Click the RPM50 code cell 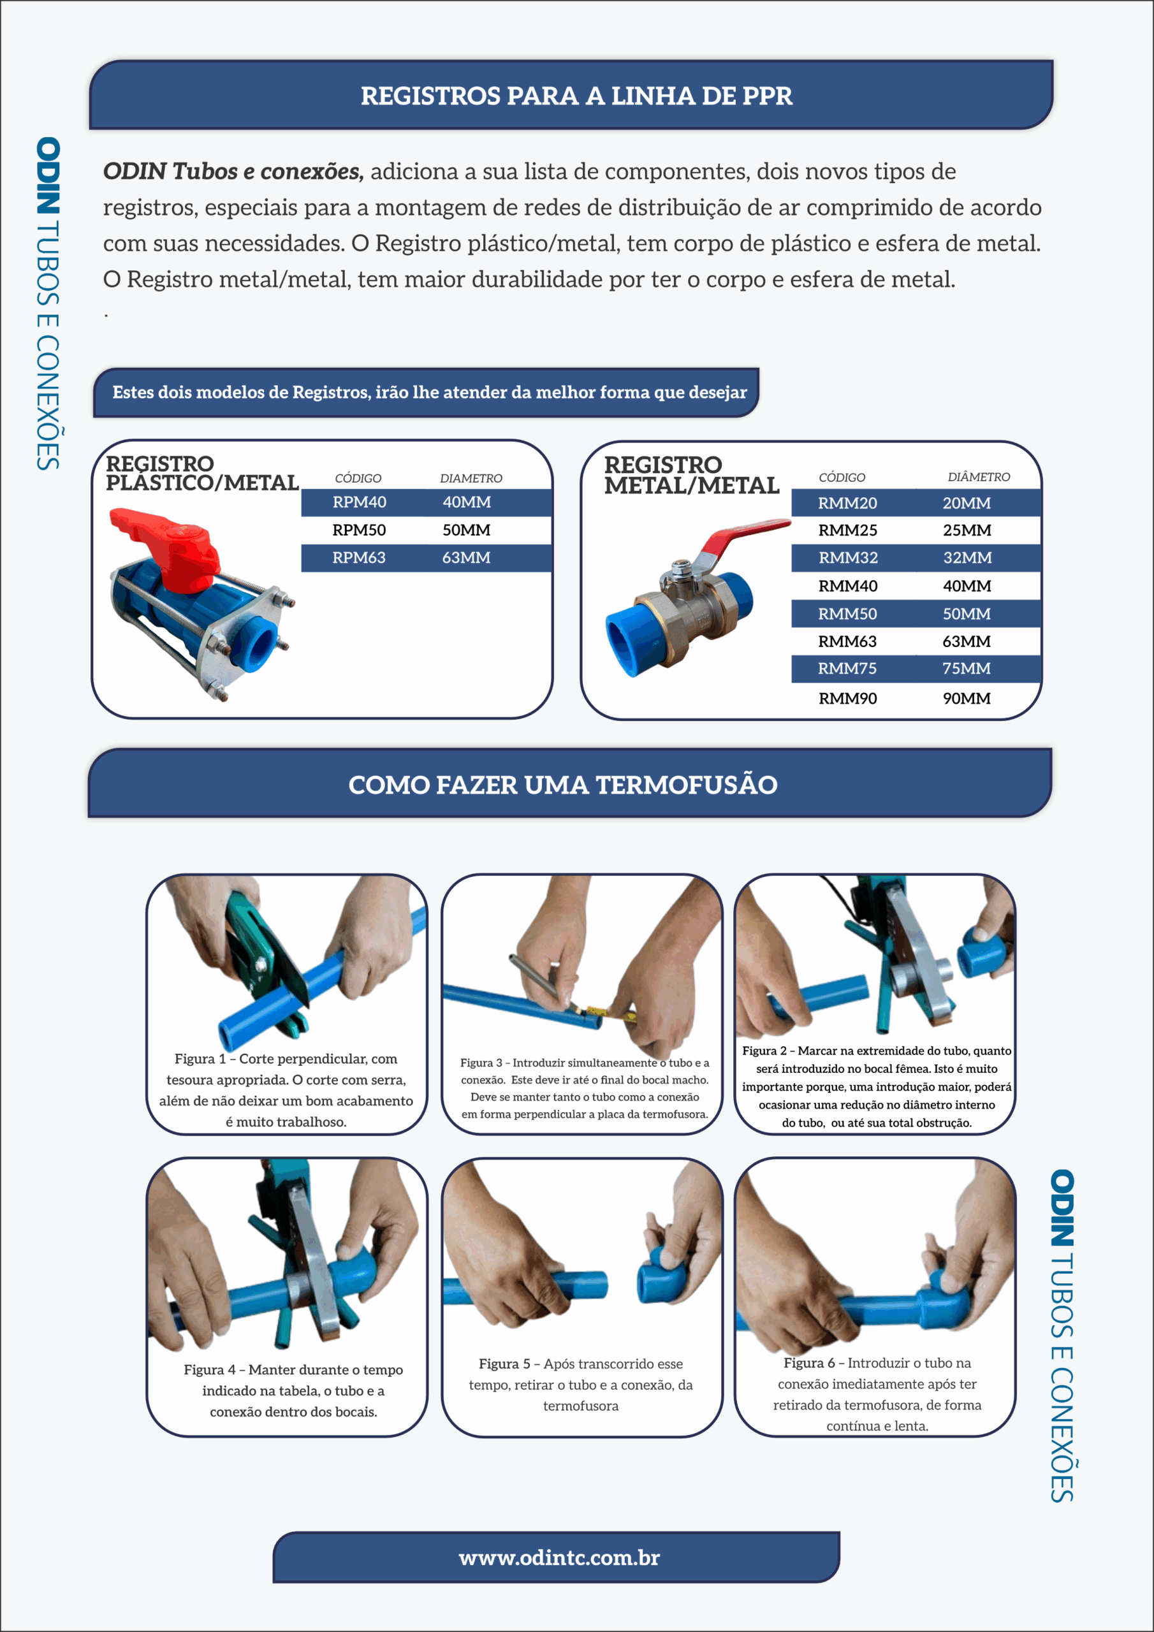pyautogui.click(x=359, y=530)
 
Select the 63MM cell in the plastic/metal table pyautogui.click(x=467, y=558)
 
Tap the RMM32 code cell pyautogui.click(x=847, y=558)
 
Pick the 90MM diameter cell pyautogui.click(x=967, y=699)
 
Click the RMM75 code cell pyautogui.click(x=847, y=669)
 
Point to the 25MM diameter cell pyautogui.click(x=967, y=530)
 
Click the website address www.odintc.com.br pyautogui.click(x=560, y=1558)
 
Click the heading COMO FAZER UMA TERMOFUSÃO pyautogui.click(x=563, y=785)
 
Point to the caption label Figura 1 pyautogui.click(x=200, y=1059)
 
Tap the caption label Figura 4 pyautogui.click(x=210, y=1370)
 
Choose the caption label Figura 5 pyautogui.click(x=504, y=1364)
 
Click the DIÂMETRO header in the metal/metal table pyautogui.click(x=979, y=477)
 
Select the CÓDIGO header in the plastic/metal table pyautogui.click(x=358, y=478)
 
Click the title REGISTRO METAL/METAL pyautogui.click(x=691, y=475)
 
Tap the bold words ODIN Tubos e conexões pyautogui.click(x=233, y=171)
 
